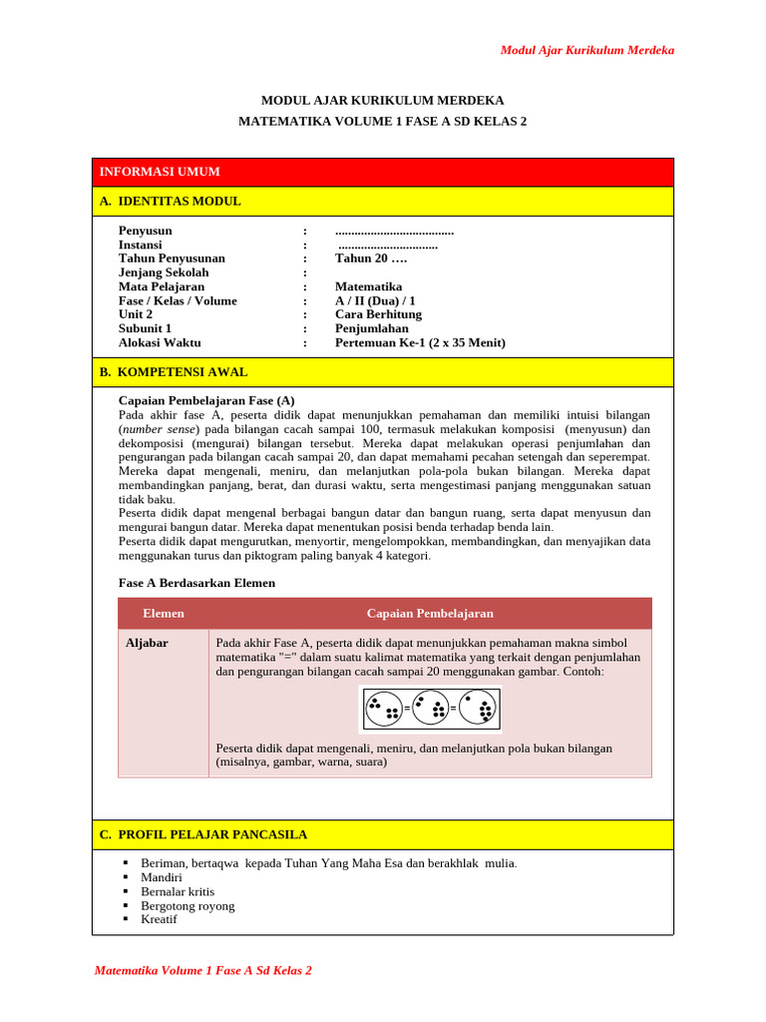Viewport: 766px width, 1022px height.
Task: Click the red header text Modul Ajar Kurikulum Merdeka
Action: point(586,50)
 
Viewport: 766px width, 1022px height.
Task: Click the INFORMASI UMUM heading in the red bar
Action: point(160,172)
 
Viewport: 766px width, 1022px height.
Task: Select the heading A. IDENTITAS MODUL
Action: point(171,201)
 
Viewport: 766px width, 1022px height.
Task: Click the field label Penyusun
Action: point(146,231)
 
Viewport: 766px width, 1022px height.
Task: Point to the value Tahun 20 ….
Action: point(371,258)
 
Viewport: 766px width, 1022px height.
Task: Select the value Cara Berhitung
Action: point(378,314)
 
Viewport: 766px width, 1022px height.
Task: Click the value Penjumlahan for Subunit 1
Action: point(372,328)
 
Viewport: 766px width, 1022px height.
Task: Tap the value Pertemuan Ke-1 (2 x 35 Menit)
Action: point(420,342)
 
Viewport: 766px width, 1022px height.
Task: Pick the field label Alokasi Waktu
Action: point(160,342)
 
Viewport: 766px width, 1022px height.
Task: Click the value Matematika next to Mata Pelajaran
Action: point(375,286)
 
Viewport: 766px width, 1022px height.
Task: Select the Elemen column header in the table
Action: point(164,613)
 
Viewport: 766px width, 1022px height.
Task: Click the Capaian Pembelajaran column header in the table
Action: point(430,613)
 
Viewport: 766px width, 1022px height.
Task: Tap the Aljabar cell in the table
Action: point(147,643)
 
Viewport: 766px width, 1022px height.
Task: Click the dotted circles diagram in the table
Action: point(430,710)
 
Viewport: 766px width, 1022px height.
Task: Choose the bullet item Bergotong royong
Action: point(189,905)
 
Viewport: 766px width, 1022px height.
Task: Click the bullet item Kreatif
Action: point(160,919)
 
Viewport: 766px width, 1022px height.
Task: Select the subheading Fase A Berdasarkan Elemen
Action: point(196,582)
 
